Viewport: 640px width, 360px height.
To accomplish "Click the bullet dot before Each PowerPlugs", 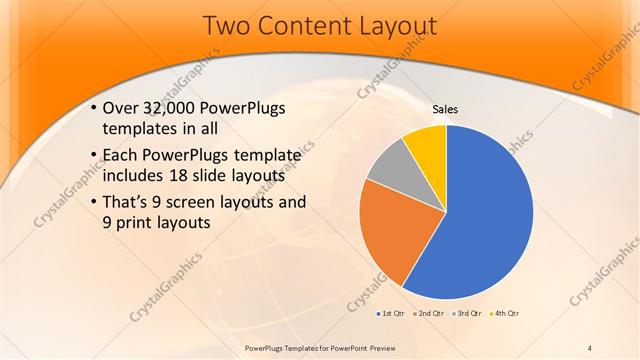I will (93, 156).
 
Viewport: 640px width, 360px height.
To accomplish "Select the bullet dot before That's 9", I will (93, 203).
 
